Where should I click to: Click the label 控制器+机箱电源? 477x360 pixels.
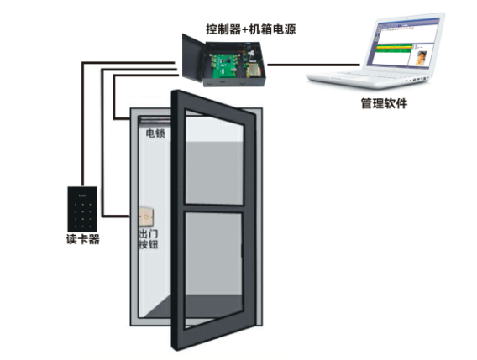(x=250, y=29)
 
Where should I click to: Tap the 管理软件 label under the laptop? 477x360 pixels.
(x=384, y=103)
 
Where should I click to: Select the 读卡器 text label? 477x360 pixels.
(x=83, y=239)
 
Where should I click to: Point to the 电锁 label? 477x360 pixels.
(x=155, y=133)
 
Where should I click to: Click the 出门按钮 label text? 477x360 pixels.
(x=149, y=239)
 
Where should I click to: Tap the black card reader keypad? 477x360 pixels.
(x=82, y=209)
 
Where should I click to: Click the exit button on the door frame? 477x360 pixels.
(x=146, y=217)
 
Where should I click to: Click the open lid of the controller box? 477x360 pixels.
(x=193, y=58)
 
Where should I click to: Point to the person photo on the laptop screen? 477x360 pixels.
(x=421, y=58)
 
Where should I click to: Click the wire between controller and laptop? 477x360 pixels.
(x=313, y=65)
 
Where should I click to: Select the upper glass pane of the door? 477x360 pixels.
(x=214, y=157)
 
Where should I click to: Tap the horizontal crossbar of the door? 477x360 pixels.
(x=214, y=208)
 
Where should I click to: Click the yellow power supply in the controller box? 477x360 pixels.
(x=253, y=70)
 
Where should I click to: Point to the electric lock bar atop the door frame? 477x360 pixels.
(x=155, y=120)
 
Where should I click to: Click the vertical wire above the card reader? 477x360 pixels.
(x=82, y=124)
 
